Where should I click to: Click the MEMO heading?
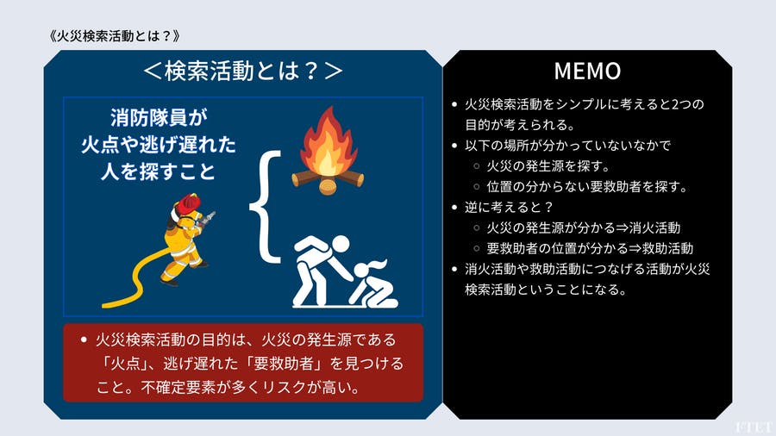[x=587, y=70]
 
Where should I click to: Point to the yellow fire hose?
[x=138, y=280]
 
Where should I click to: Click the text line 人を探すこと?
[x=161, y=170]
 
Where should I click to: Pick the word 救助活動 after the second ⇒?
[x=664, y=248]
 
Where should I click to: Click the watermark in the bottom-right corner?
[x=754, y=427]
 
